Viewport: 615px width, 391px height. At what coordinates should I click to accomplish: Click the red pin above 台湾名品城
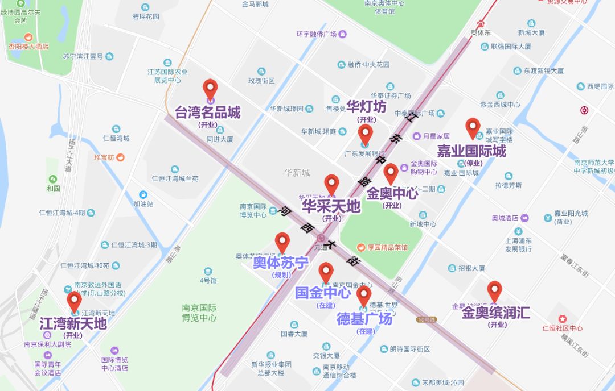point(210,89)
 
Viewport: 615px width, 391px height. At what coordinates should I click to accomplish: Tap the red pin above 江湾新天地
point(74,301)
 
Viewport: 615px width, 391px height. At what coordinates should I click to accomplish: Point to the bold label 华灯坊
point(366,107)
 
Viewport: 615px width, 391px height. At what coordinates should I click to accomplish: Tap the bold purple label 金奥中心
point(392,194)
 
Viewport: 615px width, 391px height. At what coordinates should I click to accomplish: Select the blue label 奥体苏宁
point(281,263)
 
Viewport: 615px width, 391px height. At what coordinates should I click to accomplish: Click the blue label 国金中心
point(322,293)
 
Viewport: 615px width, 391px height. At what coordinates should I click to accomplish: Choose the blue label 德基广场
point(364,319)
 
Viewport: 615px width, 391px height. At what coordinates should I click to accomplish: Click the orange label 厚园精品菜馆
point(382,247)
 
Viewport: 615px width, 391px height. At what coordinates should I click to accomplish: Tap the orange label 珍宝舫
point(104,157)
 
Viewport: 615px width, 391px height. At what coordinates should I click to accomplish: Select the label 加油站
point(143,203)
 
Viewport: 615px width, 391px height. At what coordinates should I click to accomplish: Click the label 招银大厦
point(471,268)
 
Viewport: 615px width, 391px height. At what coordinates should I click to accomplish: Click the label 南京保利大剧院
point(47,344)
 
